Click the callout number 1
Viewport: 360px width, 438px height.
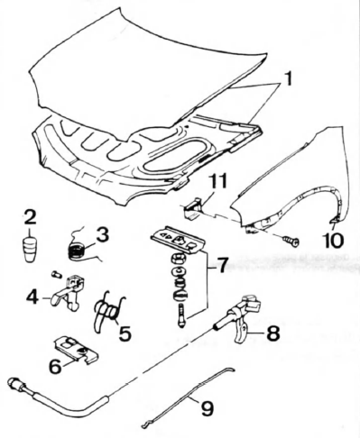pos(287,78)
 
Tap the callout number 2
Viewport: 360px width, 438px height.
pos(30,218)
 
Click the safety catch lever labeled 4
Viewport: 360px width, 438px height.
pos(67,291)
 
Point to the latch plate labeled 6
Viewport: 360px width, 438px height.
pos(76,349)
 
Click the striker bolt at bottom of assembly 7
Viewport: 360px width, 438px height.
pos(181,315)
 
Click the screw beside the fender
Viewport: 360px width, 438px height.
pos(291,241)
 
